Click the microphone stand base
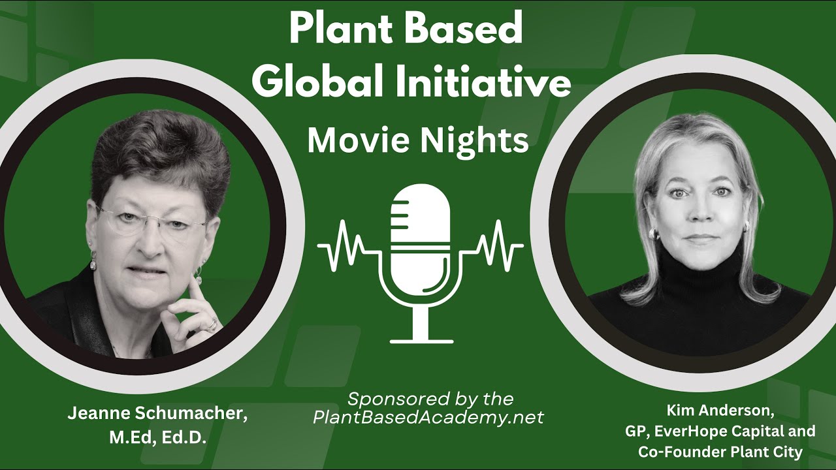421,339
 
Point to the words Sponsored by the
430,399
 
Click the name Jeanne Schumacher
157,416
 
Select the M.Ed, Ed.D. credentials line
157,437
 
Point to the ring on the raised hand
212,324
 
